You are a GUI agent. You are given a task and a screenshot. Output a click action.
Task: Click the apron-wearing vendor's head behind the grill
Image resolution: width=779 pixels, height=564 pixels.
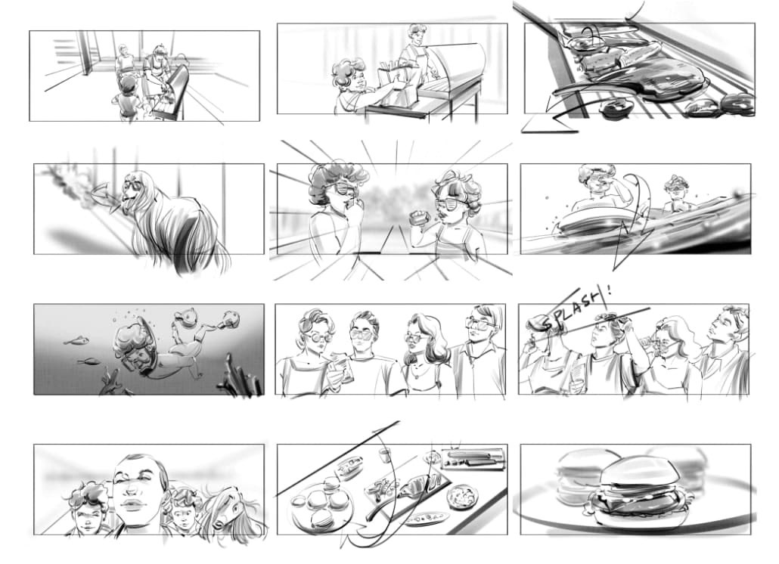tap(415, 35)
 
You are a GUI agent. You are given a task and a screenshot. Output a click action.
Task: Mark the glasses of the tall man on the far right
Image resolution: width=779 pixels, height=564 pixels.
tap(480, 324)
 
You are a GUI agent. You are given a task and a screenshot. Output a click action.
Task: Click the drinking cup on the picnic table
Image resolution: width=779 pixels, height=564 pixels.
tap(384, 455)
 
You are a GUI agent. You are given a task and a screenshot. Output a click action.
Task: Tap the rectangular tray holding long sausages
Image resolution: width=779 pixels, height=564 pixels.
tap(473, 458)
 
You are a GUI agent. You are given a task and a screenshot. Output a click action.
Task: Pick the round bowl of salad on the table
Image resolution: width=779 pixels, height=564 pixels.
tap(463, 497)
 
